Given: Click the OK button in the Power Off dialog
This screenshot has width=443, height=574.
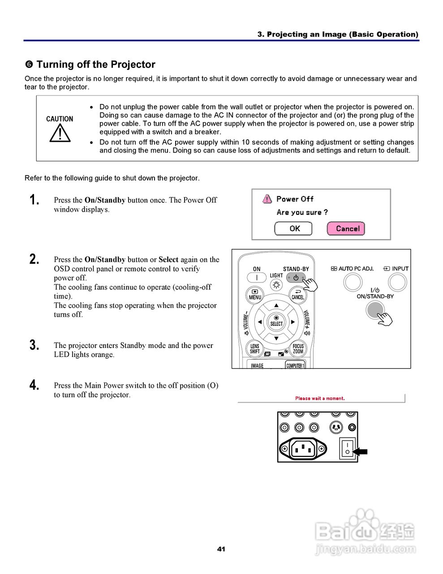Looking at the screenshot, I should (294, 229).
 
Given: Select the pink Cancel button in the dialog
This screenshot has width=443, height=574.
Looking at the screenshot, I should (346, 229).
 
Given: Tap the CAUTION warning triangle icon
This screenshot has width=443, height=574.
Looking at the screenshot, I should (60, 133).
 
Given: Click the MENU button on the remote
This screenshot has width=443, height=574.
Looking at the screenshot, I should (255, 295).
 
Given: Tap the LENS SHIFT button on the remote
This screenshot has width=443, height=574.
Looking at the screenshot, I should (255, 349).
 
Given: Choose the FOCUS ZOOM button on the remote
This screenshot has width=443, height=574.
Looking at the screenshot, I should (298, 349).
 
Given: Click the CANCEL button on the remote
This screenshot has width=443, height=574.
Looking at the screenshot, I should (298, 295).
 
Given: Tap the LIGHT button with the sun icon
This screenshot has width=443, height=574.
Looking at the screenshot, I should (276, 285).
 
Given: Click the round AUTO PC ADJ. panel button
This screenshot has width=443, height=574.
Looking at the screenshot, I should (353, 282).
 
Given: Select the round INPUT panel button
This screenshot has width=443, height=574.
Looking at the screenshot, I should (397, 282).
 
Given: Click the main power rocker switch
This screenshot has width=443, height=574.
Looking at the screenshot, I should (347, 448).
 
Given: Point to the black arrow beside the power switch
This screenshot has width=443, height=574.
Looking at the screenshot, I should (361, 452).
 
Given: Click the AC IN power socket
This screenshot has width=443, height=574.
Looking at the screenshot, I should (303, 448).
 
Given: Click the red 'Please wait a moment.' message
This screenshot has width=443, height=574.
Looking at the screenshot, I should (320, 398).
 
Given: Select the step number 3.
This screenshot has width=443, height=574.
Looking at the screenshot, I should (34, 345).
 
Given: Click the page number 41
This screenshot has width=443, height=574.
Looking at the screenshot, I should (221, 549).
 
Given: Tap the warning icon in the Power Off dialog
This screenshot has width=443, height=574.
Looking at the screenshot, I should (267, 199).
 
